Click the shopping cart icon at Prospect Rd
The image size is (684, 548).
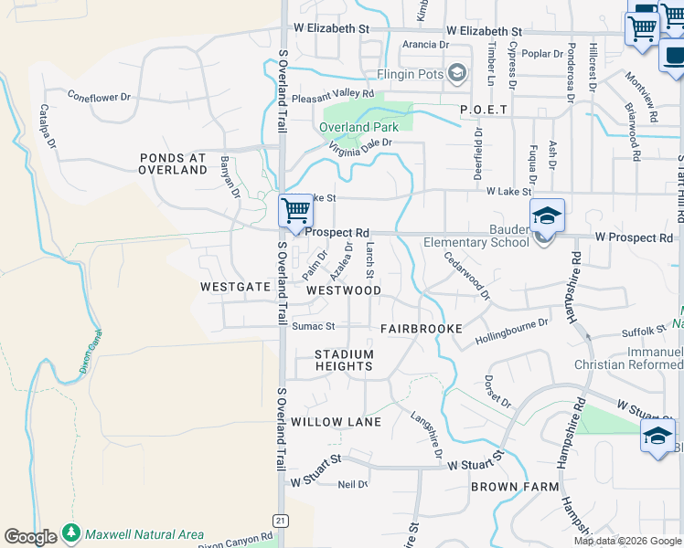click(295, 211)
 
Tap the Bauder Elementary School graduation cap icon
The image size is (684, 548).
click(548, 216)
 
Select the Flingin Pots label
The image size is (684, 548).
click(410, 74)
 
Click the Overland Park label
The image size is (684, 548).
click(359, 127)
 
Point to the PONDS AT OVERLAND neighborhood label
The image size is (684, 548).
click(173, 163)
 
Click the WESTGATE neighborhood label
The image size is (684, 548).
click(236, 287)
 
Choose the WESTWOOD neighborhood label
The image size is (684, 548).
click(344, 290)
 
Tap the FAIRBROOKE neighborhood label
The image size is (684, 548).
click(422, 327)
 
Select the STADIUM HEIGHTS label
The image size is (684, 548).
click(344, 360)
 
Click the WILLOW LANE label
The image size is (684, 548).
click(336, 422)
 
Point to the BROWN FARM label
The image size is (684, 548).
click(515, 487)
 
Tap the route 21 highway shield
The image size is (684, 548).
click(283, 521)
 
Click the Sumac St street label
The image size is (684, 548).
click(314, 326)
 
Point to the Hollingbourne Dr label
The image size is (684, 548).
click(512, 333)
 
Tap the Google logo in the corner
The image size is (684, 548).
click(30, 537)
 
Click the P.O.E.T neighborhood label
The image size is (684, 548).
click(484, 110)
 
